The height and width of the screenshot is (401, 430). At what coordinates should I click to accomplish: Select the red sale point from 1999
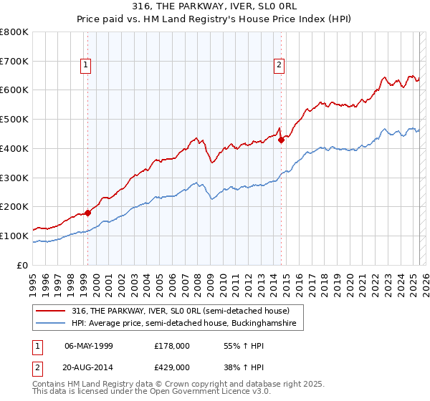87,213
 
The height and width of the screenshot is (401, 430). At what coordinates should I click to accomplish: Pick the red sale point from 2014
281,140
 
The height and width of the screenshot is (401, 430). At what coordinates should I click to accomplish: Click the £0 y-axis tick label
23,265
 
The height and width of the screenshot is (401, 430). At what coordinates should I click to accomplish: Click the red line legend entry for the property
179,311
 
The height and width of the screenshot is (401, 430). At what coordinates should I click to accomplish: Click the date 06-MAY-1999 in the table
89,345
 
